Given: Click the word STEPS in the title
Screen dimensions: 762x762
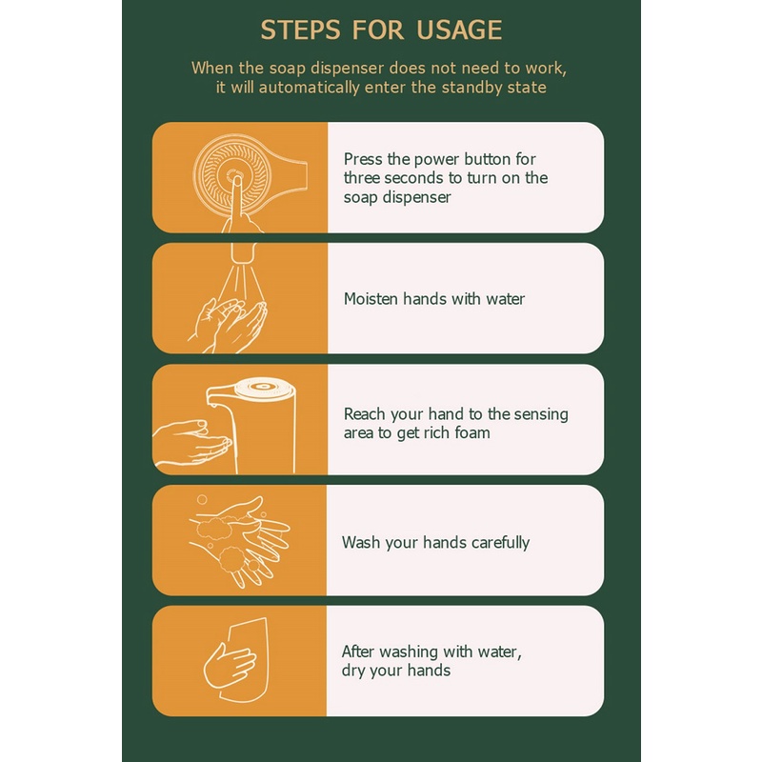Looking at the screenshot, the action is click(x=300, y=30).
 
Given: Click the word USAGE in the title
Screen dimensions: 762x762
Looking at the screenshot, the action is click(x=459, y=30).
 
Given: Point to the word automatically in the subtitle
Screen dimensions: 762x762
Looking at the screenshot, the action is click(x=309, y=87).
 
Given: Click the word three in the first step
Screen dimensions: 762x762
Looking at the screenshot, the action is click(x=362, y=178).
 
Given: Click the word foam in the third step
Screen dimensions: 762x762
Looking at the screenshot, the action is click(x=472, y=432).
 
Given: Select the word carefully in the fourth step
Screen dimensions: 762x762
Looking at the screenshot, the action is click(x=500, y=542).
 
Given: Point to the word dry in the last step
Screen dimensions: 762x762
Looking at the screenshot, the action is click(x=352, y=671).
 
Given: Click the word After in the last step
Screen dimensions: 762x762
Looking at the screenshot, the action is click(x=358, y=652).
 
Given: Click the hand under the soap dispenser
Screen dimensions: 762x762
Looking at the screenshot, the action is click(x=192, y=442).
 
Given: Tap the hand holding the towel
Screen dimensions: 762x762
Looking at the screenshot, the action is click(x=230, y=663).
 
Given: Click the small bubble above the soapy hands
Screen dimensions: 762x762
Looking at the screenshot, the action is click(x=202, y=499).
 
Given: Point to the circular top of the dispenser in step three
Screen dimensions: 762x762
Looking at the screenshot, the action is click(x=264, y=388).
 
